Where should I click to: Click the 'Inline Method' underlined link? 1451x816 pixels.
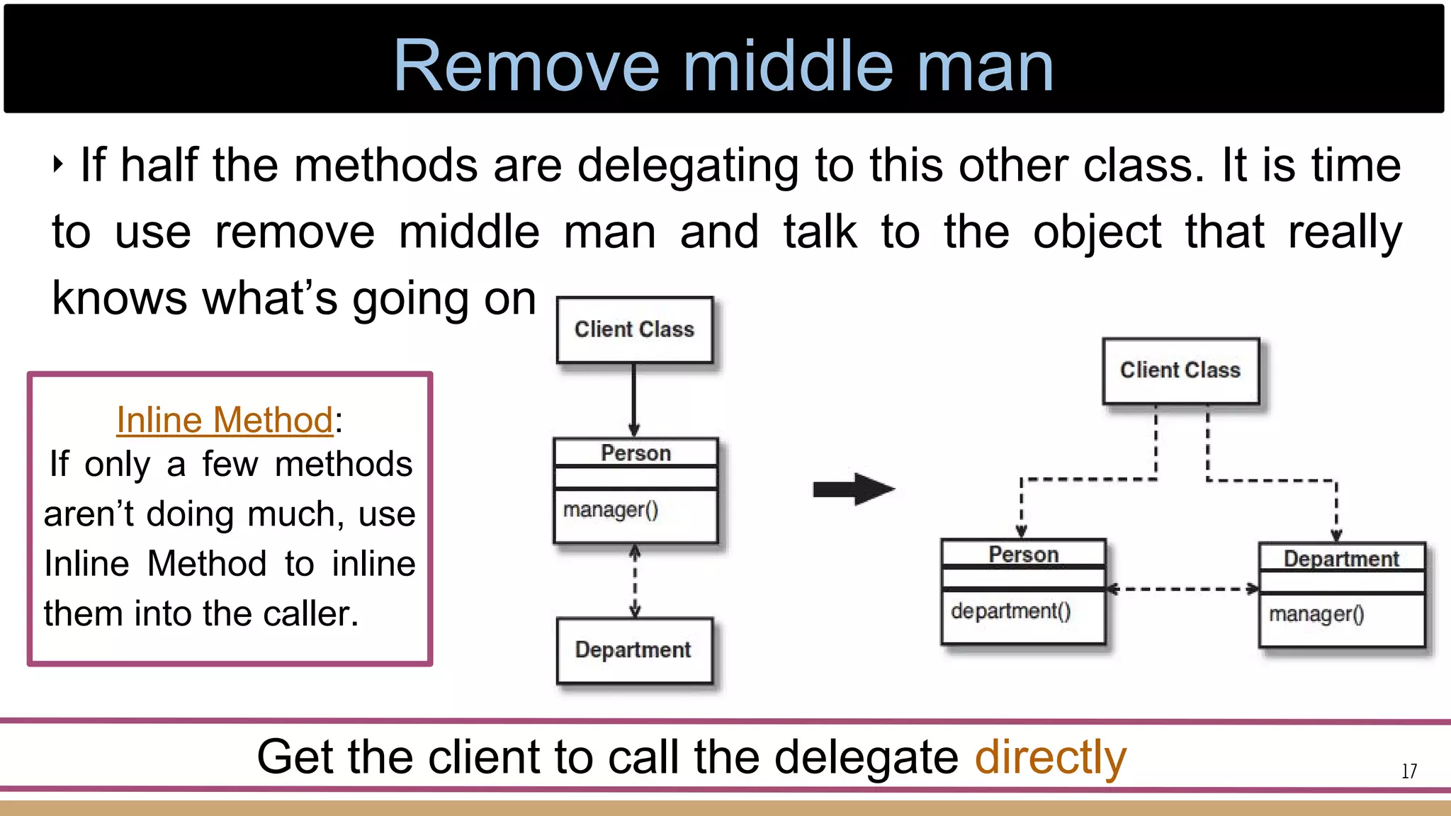[225, 420]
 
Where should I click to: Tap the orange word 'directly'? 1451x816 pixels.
[1050, 757]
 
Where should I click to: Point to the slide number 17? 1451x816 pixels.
[1409, 771]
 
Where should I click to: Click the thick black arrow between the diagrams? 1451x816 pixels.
[854, 489]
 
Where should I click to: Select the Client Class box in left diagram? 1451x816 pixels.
[634, 329]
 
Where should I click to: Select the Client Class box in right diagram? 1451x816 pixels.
[1180, 370]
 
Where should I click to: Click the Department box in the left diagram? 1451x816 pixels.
[633, 650]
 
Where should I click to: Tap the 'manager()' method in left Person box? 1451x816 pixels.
[611, 510]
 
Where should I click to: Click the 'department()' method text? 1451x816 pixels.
[1010, 611]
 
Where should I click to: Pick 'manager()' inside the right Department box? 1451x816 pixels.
[1316, 614]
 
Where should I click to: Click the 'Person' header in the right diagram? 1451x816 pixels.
[1024, 554]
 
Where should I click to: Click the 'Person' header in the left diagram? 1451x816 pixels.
[636, 453]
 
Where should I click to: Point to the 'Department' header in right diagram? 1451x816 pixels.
[1341, 559]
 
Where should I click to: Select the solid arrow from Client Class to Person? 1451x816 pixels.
[634, 400]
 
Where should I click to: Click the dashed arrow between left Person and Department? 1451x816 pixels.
[635, 581]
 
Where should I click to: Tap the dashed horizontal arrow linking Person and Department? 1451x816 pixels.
[1182, 589]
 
